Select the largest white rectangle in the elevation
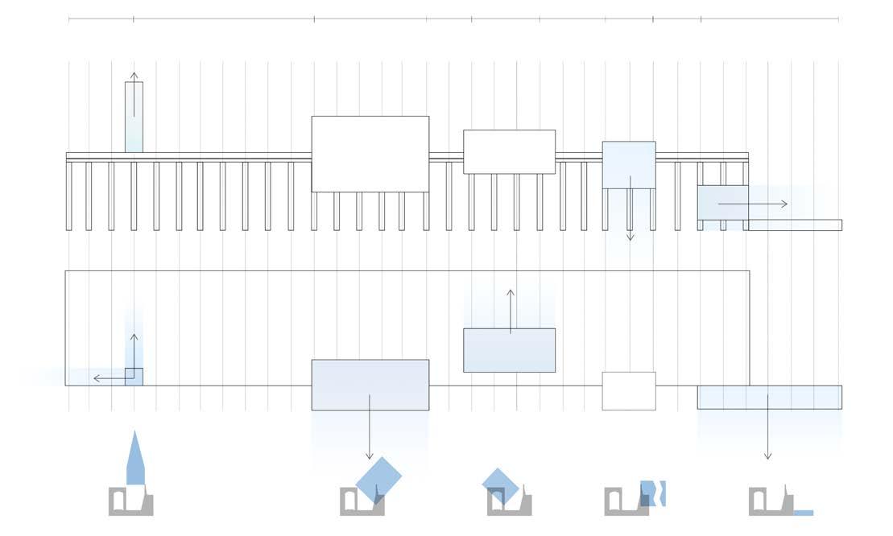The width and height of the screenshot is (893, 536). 370,154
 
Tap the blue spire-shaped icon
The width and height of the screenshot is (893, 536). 135,461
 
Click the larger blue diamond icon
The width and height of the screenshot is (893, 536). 378,480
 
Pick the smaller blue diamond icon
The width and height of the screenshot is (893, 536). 500,485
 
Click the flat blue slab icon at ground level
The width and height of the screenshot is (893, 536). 803,513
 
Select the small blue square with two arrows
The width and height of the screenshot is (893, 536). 134,377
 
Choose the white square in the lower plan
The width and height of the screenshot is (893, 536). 629,390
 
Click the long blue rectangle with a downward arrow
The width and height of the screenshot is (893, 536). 769,397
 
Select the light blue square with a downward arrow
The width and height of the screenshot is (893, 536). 629,165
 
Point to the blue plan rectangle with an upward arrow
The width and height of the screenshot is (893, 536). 509,350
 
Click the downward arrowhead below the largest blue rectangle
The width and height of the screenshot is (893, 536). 370,456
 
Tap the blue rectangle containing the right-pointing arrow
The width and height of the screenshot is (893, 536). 722,202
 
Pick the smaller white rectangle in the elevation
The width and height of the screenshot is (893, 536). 509,151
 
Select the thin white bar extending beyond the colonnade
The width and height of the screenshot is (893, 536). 795,225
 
